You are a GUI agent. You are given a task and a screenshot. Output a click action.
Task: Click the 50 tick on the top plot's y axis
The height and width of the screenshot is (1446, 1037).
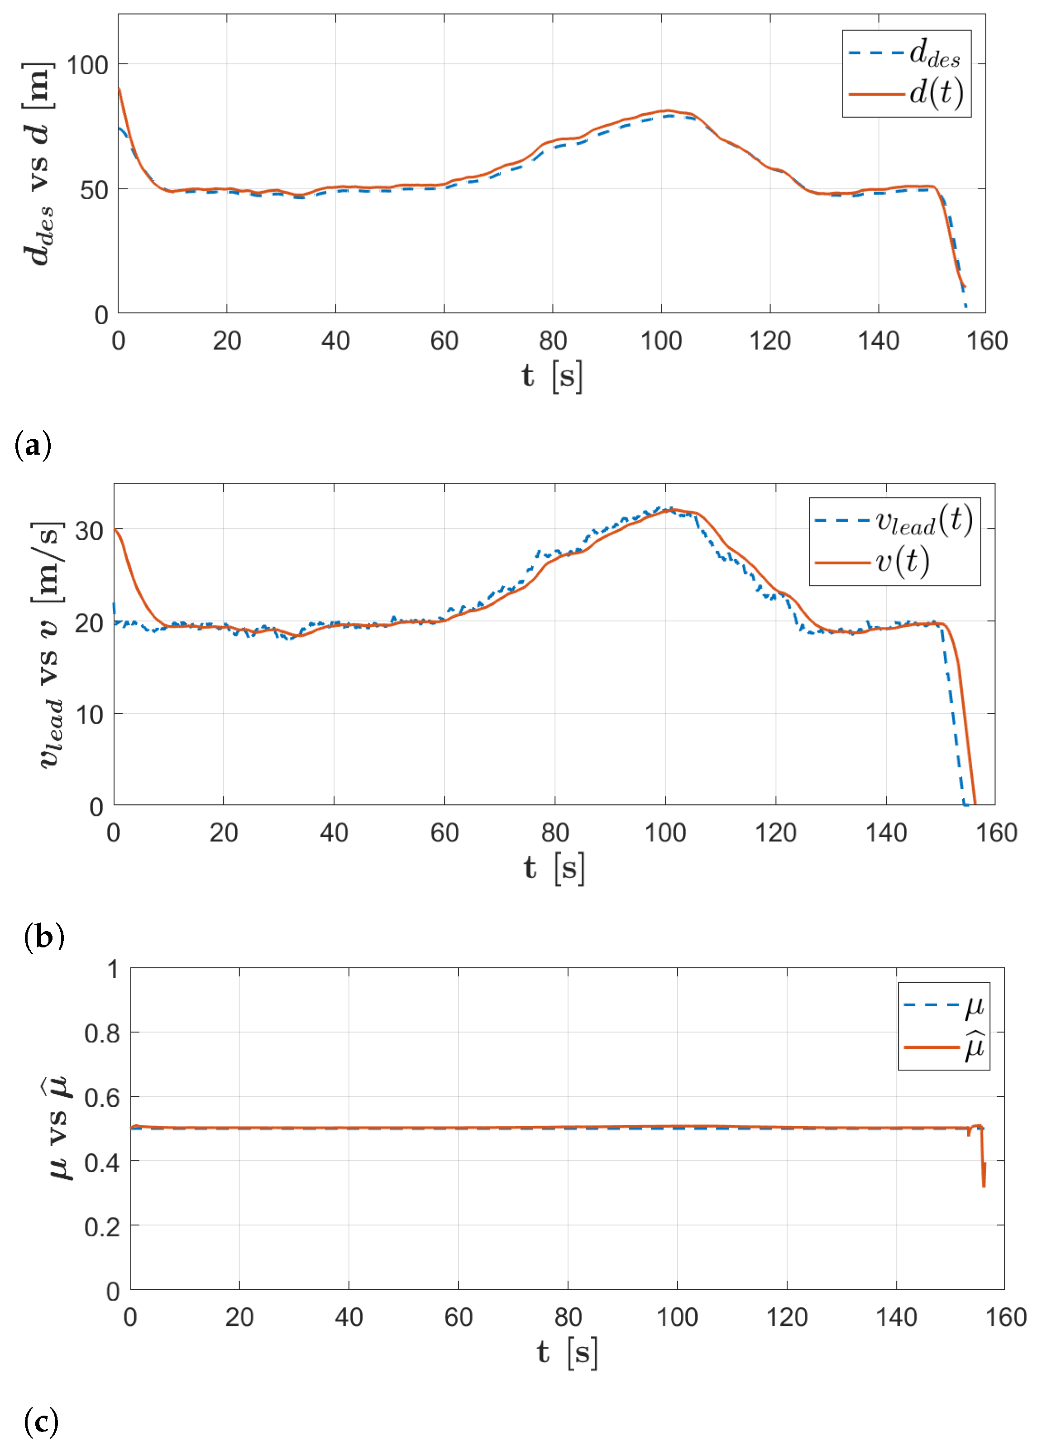94,190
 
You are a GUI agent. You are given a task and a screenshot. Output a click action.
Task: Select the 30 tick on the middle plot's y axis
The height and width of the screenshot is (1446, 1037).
89,530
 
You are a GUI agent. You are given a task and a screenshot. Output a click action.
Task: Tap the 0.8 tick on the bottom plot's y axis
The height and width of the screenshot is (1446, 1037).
102,1032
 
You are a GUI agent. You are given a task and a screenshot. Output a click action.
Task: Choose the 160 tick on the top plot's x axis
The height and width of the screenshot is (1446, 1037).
987,341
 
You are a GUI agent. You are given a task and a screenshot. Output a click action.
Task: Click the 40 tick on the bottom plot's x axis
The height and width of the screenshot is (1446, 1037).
349,1316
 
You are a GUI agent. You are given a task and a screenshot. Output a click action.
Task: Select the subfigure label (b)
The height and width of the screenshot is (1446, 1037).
43,936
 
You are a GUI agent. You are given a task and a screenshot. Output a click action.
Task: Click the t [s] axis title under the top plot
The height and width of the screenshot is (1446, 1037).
552,376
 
